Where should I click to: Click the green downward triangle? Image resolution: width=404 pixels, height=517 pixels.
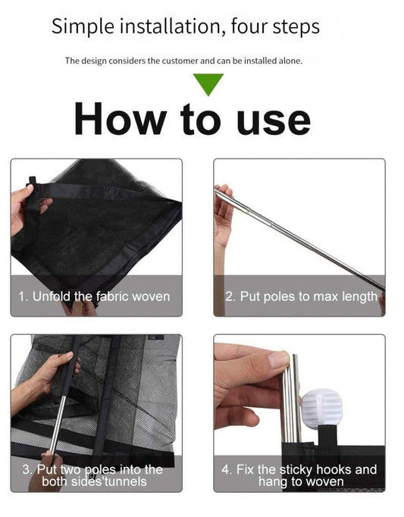(208, 83)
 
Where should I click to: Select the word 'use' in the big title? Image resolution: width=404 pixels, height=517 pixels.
(274, 121)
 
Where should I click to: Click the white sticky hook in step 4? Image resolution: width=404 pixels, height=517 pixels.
(322, 409)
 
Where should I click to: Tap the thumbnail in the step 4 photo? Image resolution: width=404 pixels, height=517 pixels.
(278, 359)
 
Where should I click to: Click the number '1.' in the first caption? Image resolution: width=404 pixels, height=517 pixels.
(23, 296)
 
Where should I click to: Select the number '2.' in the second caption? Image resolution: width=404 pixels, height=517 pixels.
(230, 296)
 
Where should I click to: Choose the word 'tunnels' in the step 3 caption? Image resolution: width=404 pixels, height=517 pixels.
(125, 481)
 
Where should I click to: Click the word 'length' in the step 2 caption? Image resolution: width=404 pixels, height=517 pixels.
(359, 296)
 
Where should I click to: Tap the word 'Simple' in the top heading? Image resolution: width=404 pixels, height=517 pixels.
(83, 27)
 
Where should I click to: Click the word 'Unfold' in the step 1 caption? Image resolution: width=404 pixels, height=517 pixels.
(52, 296)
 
